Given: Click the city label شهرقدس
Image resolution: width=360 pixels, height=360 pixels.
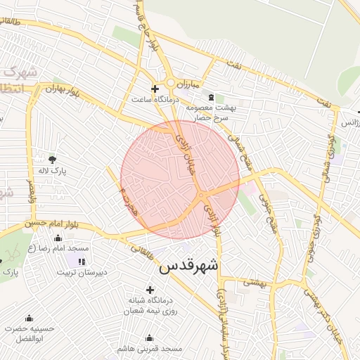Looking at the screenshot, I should [189, 266].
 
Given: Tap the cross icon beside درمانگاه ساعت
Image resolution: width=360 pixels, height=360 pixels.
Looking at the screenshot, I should [155, 89].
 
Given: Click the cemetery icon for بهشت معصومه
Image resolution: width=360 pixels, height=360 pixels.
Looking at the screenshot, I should [210, 95].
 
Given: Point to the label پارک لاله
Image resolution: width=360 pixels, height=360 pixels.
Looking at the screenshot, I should [52, 170].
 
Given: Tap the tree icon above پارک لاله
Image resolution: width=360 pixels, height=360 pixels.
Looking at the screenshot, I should [52, 158].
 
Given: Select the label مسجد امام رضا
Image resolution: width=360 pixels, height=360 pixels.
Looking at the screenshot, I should [68, 248].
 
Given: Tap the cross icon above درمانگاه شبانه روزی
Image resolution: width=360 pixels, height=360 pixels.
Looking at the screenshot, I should [149, 289].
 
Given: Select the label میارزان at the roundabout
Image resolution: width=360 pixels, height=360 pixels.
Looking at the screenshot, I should [182, 84].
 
